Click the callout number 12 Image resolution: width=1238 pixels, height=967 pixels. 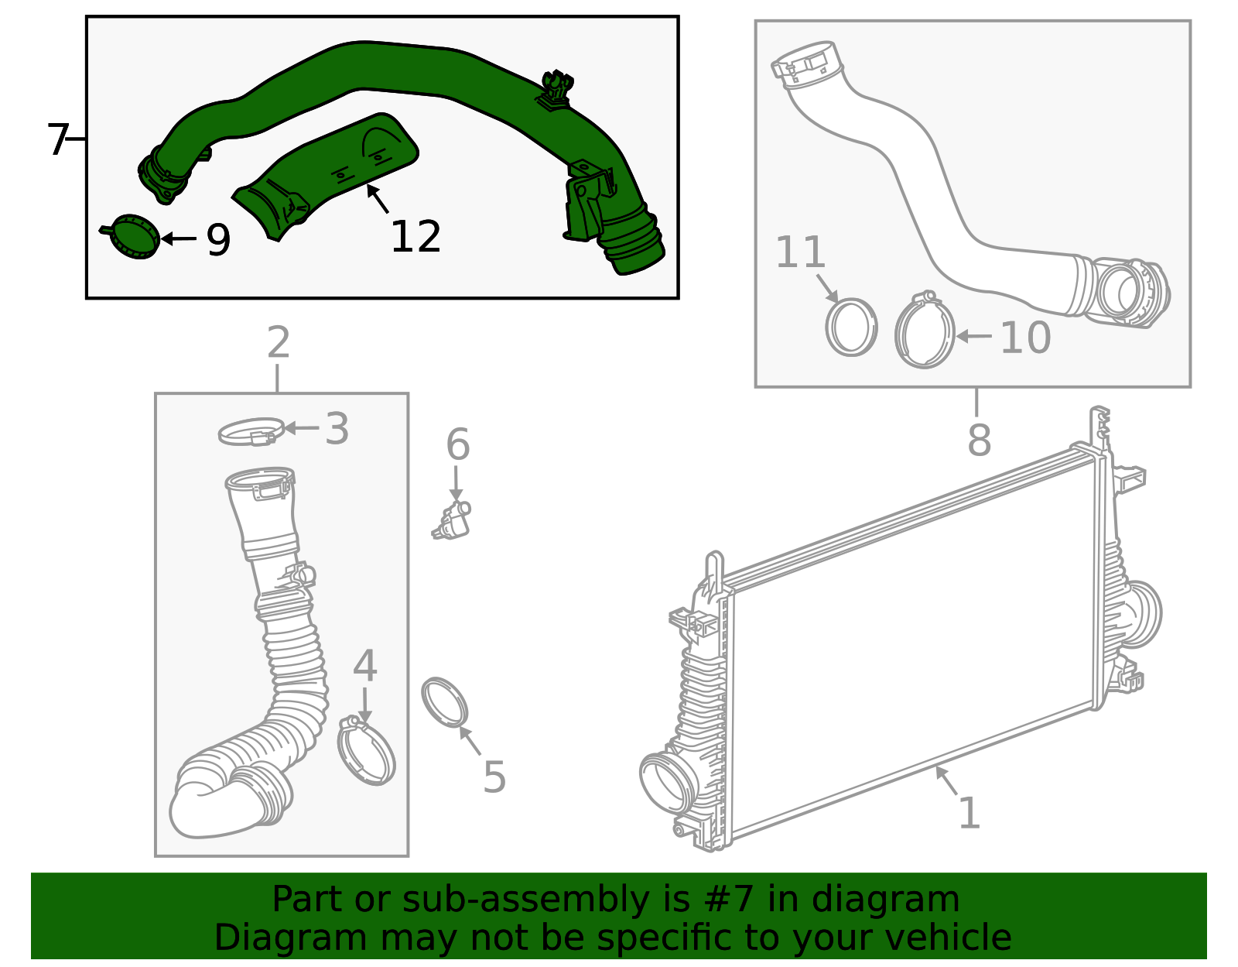(416, 237)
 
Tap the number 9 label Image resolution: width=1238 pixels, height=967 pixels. (218, 240)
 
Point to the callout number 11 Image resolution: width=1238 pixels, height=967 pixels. (800, 252)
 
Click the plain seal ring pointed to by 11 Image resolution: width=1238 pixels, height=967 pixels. (851, 327)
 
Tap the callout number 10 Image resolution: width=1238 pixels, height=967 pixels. (1025, 338)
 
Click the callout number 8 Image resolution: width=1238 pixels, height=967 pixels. (979, 439)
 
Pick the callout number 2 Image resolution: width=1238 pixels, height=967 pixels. (278, 342)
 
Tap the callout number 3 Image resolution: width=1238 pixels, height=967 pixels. (337, 428)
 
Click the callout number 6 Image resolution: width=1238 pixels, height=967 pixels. (457, 445)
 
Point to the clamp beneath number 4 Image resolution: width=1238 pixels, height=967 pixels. (367, 752)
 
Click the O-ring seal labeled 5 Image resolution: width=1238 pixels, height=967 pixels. (446, 703)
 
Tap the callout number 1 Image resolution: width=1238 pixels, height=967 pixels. (969, 814)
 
